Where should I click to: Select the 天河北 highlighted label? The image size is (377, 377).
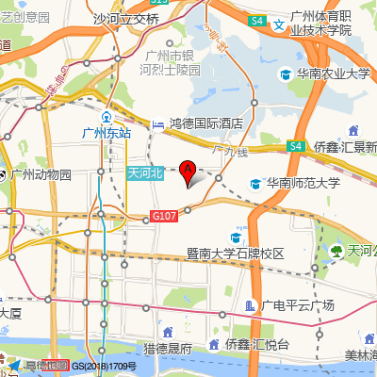145,172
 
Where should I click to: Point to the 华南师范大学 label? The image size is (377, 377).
303,184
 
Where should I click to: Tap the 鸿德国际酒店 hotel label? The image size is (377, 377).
206,123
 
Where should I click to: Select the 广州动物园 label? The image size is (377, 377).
42,174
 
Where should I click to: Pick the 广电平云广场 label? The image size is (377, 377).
299,305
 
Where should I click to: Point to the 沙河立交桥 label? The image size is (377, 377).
126,18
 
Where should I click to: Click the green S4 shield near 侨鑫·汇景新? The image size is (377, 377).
295,146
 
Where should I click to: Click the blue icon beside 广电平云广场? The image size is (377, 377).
250,305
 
